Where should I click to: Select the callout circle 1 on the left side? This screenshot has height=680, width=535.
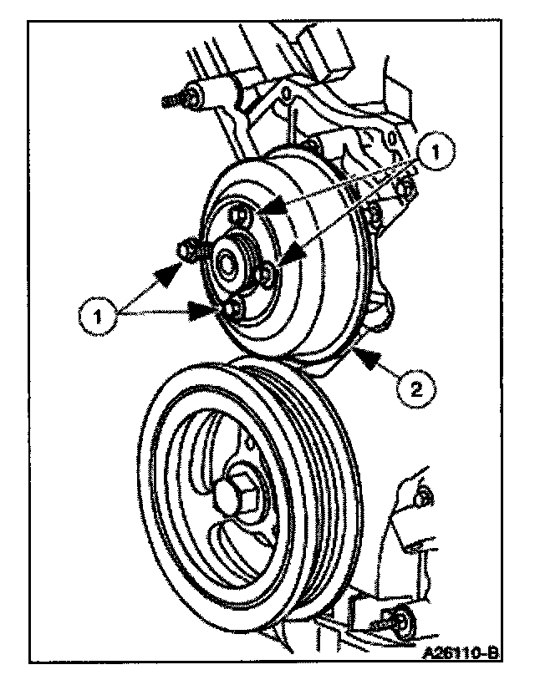pos(97,315)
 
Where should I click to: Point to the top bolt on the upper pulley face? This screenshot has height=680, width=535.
pos(240,215)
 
